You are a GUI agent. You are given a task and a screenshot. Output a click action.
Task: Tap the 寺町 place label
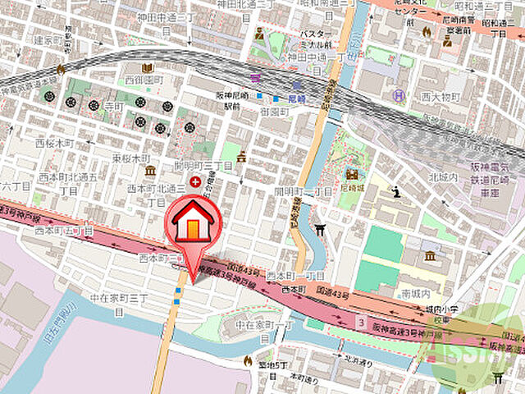tap(112, 108)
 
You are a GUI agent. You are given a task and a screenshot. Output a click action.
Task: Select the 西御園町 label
tap(144, 80)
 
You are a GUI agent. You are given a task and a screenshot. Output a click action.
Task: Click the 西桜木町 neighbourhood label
tap(55, 143)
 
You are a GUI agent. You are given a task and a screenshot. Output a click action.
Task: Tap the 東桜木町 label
tap(130, 157)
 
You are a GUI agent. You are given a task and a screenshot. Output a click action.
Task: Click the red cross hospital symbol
tap(194, 181)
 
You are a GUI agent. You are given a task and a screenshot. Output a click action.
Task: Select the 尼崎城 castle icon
tap(351, 174)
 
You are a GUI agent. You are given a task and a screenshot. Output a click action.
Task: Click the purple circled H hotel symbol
tap(399, 95)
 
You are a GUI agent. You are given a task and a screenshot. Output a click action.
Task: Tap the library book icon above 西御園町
tap(148, 68)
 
